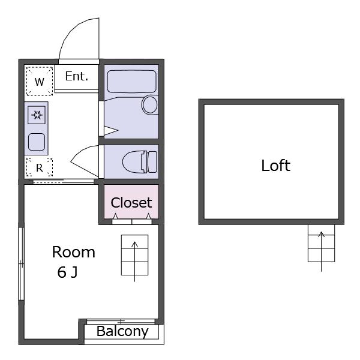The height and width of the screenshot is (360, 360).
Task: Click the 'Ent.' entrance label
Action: [x=77, y=76]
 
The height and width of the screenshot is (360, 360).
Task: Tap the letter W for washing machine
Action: [x=40, y=82]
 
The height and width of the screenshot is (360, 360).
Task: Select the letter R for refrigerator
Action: [x=40, y=168]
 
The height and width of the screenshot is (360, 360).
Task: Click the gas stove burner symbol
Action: [x=37, y=115]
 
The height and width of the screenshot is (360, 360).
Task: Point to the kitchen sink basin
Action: [x=37, y=142]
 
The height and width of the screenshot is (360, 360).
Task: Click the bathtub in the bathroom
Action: [x=131, y=82]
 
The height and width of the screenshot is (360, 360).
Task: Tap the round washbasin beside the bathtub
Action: [x=150, y=104]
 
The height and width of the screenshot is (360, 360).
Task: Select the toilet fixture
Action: [x=140, y=161]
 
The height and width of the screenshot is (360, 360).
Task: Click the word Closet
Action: [x=131, y=203]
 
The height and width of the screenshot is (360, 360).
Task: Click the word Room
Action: [x=73, y=252]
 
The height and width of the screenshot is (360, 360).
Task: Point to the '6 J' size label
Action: [x=67, y=272]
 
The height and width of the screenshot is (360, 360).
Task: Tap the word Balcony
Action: [x=122, y=332]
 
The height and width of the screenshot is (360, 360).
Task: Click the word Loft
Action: [x=276, y=166]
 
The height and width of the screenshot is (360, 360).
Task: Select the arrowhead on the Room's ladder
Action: [x=134, y=244]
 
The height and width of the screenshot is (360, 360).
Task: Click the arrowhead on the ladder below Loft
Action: [x=321, y=234]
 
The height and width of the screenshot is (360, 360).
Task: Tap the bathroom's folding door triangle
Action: [x=111, y=131]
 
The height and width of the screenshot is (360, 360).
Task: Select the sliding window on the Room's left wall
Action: [x=21, y=264]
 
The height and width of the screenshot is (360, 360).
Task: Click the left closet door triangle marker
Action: [x=115, y=216]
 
